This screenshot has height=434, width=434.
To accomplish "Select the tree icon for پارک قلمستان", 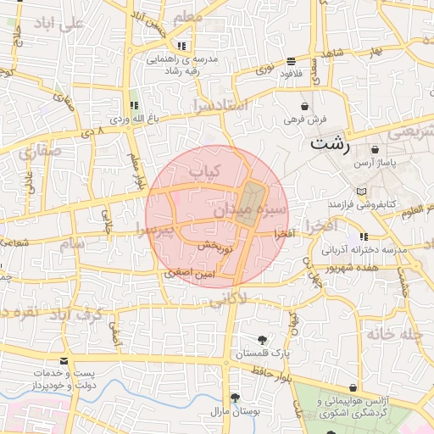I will point(260,340).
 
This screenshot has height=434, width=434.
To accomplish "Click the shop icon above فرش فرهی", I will point(305,107).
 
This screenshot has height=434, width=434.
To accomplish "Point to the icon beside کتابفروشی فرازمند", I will point(363,192).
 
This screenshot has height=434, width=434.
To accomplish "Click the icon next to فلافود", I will point(292,61).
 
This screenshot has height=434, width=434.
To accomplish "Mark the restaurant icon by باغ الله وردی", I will point(134,105).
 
